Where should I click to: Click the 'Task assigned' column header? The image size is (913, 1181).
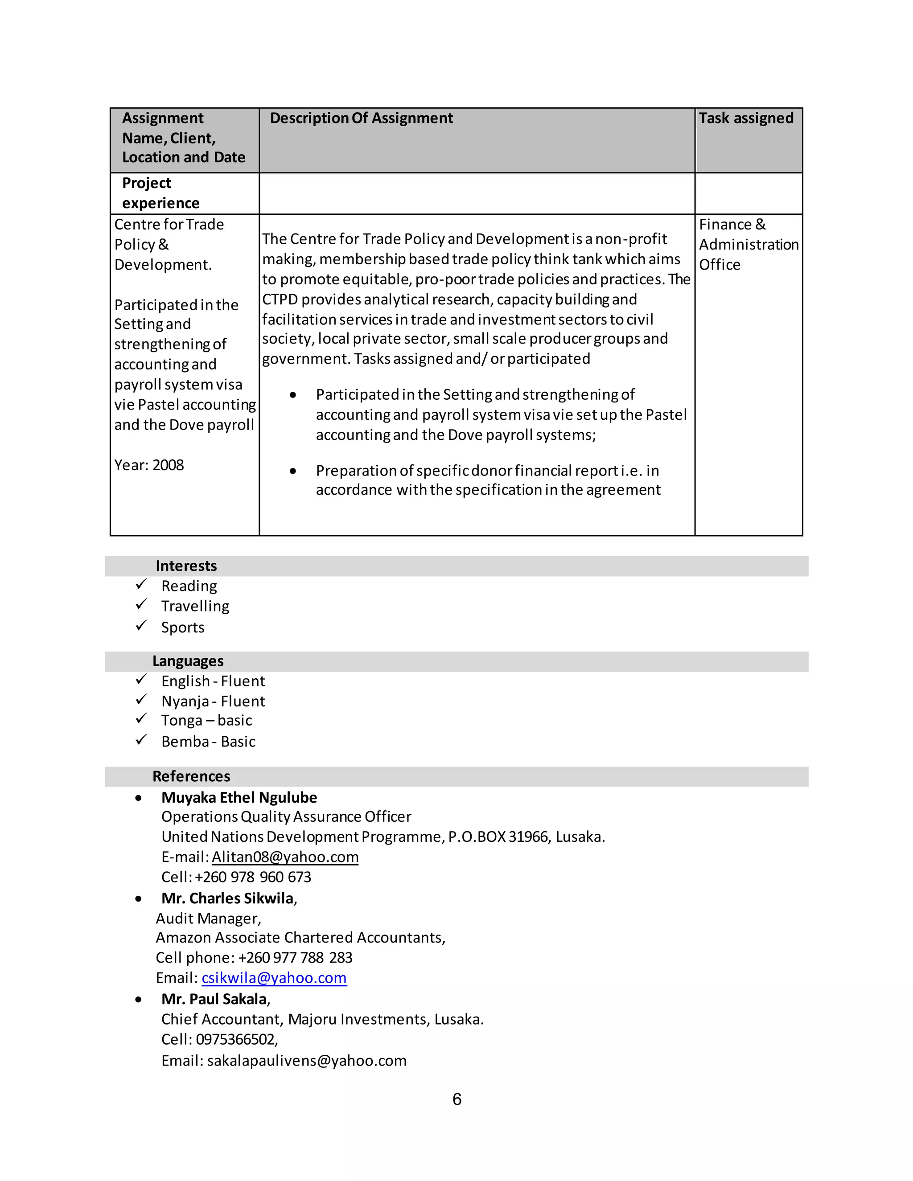746,119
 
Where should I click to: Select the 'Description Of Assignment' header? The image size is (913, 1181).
361,119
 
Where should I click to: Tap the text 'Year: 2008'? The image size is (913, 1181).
149,465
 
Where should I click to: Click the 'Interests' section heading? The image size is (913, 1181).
186,566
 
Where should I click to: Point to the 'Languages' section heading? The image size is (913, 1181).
188,661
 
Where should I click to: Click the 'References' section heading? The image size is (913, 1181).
191,776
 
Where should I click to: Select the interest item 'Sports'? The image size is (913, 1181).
183,627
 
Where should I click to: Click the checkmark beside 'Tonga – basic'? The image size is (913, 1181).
141,719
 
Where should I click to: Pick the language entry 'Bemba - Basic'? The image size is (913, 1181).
208,742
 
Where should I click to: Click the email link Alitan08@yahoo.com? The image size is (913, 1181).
285,857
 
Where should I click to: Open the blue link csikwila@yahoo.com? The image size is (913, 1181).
274,978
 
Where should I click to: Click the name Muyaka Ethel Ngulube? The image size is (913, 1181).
239,798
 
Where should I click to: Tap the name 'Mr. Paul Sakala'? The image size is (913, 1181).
214,999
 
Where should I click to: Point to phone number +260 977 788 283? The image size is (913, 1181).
295,958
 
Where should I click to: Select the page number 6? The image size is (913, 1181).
457,1099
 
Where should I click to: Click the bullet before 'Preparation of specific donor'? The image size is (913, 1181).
292,472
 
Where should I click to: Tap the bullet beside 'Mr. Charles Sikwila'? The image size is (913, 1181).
139,899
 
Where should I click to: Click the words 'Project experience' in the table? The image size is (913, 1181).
160,193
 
